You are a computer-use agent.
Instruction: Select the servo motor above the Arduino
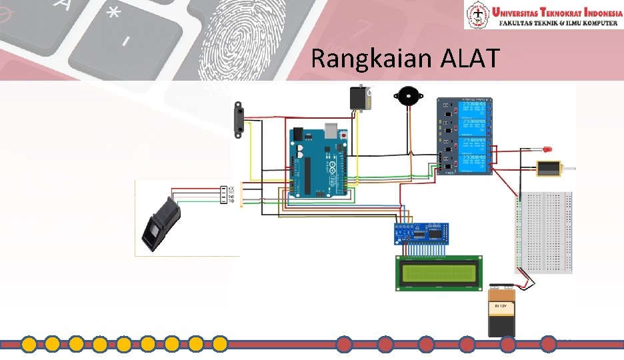click(x=360, y=98)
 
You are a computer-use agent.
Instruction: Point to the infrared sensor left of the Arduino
click(x=237, y=121)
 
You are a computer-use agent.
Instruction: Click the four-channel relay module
click(x=465, y=136)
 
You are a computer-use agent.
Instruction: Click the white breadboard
click(x=544, y=231)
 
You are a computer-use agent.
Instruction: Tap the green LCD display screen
click(x=438, y=273)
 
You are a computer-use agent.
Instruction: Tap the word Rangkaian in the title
click(x=373, y=60)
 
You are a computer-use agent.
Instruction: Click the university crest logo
click(x=478, y=15)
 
